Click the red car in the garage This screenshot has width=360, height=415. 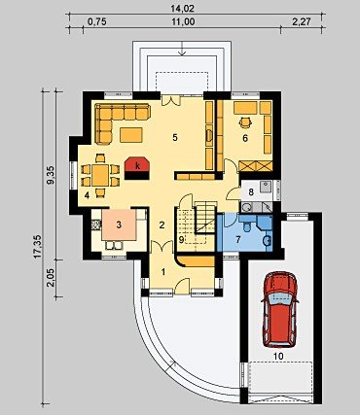280,309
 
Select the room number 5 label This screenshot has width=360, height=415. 175,138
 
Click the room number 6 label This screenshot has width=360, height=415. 245,138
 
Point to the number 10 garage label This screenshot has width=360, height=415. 278,356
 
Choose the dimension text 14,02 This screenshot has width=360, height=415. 182,9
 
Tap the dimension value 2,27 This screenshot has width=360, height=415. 301,22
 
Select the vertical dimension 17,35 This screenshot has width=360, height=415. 38,247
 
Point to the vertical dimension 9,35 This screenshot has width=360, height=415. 51,175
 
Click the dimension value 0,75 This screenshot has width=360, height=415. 97,22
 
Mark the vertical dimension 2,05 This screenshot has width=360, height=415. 51,278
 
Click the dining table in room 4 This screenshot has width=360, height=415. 100,175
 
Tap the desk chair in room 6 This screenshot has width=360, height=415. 245,121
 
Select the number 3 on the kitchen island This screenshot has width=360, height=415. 119,225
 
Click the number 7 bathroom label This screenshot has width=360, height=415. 237,240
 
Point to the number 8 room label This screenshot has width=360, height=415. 250,191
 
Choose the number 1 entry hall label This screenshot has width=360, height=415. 163,272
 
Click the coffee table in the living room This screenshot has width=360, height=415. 131,135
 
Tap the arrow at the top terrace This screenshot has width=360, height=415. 182,49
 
